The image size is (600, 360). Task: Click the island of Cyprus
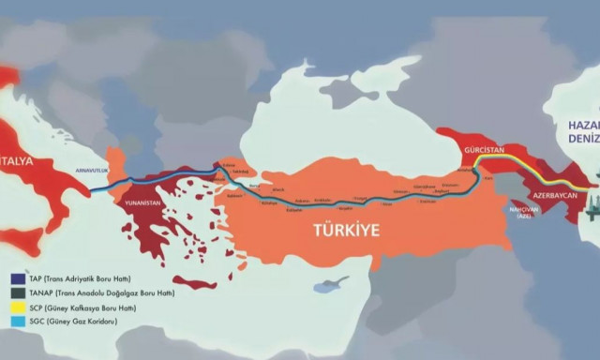330,283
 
